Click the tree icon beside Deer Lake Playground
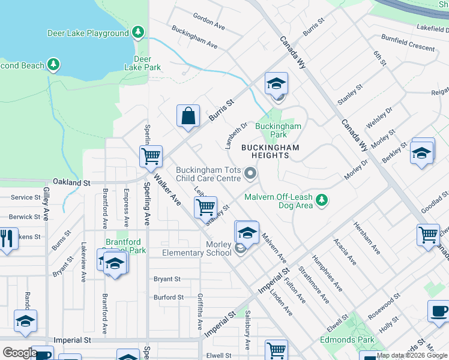139,31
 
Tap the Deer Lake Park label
142,63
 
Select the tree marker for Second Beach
53,64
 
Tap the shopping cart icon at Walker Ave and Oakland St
151,156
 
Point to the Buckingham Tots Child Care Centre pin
250,175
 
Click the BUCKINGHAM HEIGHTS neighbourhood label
274,151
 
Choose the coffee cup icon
438,311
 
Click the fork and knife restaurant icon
7,238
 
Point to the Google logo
20,353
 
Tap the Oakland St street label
71,182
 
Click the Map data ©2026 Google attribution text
411,355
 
